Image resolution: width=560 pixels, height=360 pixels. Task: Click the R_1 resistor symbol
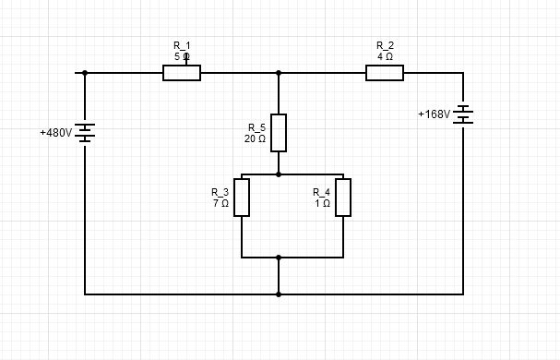coord(182,73)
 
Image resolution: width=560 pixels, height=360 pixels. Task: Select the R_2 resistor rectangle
coord(385,73)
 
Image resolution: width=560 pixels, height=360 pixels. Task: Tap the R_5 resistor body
coord(279,132)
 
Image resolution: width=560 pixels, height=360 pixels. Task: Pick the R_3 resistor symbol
coord(242,198)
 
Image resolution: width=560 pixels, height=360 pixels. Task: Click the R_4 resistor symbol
coord(343,198)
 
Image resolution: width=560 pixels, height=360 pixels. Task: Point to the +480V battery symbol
coord(85,133)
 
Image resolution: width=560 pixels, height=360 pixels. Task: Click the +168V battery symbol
coord(463,114)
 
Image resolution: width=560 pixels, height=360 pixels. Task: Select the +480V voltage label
coord(55,133)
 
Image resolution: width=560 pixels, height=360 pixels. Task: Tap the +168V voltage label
coord(434,114)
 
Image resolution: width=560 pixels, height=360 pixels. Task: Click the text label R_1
coord(182,45)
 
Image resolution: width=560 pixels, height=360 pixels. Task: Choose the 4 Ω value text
coord(385,56)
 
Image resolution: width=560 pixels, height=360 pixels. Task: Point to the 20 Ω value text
coord(255,138)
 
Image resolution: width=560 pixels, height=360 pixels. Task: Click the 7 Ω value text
coord(220,203)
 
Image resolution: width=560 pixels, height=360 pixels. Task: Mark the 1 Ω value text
coord(322,203)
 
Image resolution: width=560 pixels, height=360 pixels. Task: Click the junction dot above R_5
coord(279,73)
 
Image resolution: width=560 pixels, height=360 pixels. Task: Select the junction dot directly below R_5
coord(279,174)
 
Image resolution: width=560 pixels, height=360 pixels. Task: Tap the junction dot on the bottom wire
coord(279,294)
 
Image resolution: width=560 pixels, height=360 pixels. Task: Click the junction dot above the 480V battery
coord(85,73)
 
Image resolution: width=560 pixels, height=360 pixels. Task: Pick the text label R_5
coord(256,127)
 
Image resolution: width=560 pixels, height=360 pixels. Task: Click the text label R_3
coord(220,192)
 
